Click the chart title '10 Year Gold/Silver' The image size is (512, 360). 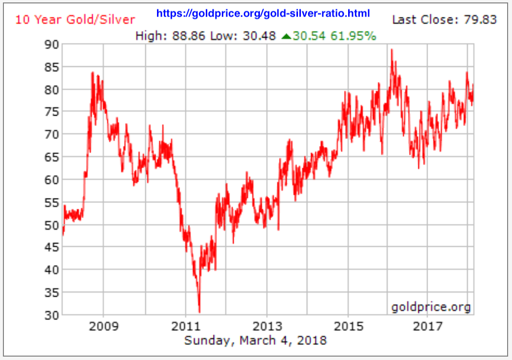(75, 20)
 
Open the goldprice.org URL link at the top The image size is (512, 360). (263, 13)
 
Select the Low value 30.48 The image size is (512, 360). (259, 36)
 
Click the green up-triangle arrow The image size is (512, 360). (286, 36)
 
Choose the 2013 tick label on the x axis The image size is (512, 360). (267, 326)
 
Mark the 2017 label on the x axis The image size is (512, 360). (428, 326)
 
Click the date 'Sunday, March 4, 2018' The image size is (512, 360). (255, 340)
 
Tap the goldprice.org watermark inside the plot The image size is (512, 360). (431, 307)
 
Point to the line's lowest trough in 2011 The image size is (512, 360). (199, 312)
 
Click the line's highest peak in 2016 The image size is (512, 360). (391, 50)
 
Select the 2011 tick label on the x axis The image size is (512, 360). (186, 326)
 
